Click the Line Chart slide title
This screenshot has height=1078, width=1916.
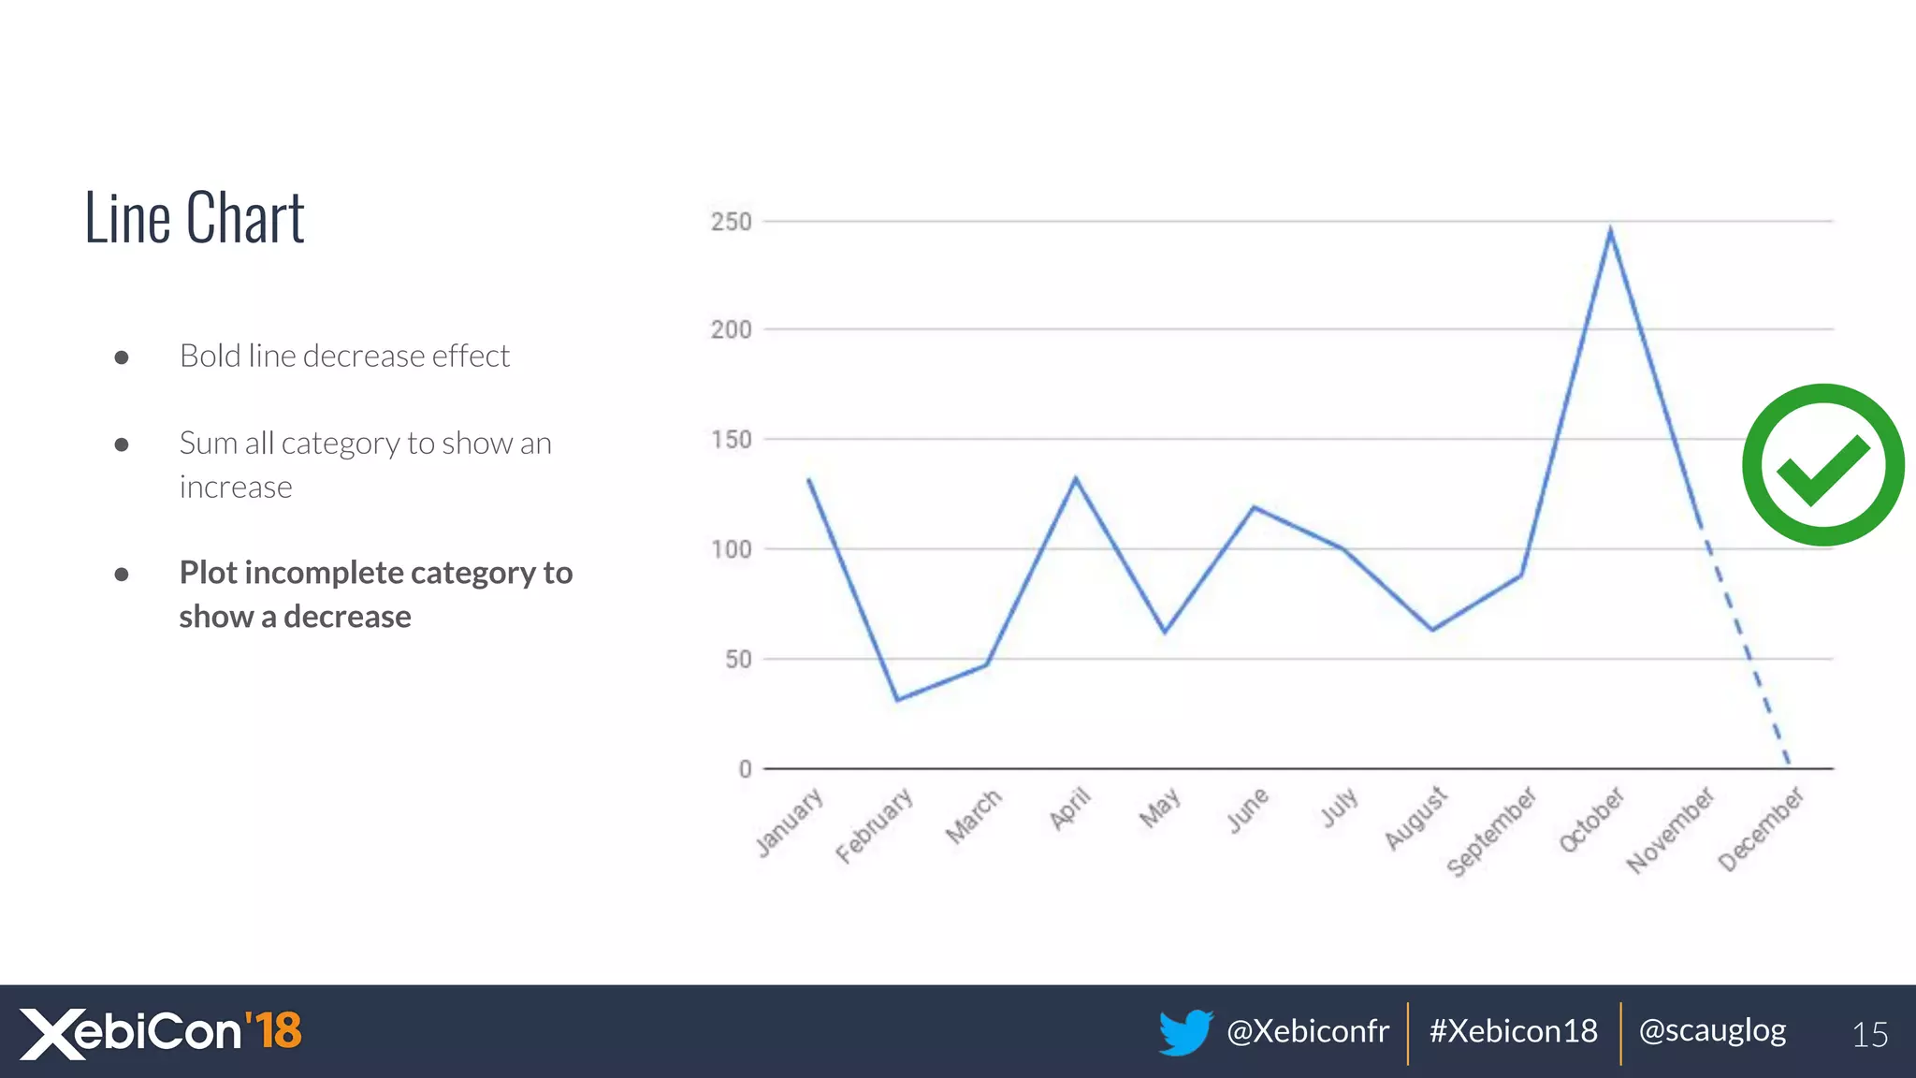(195, 217)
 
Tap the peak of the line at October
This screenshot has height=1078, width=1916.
(1610, 230)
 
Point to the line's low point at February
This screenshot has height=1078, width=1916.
(897, 699)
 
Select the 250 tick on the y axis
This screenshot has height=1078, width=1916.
(731, 222)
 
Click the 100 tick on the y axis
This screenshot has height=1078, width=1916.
(731, 549)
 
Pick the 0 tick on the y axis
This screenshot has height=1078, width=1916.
(745, 769)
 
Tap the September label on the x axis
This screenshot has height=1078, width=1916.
(1491, 831)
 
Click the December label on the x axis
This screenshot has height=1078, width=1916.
(1761, 828)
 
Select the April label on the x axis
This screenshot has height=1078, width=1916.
(1070, 808)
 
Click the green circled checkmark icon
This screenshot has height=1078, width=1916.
(1822, 465)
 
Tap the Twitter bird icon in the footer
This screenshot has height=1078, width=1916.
(1184, 1031)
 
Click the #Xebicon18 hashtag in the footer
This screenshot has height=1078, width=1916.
(1513, 1031)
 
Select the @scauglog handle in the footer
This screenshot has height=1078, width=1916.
(1712, 1031)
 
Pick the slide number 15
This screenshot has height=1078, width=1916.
(1869, 1035)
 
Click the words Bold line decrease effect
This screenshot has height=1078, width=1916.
(344, 357)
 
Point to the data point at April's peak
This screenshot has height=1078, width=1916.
(1076, 479)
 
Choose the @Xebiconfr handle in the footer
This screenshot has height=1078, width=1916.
(1307, 1031)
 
